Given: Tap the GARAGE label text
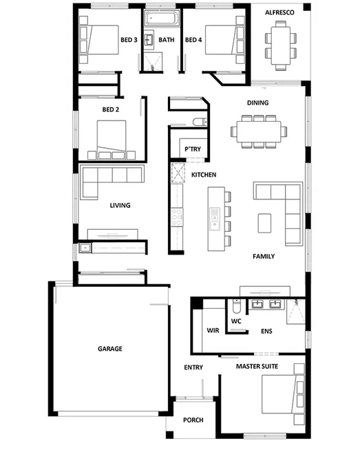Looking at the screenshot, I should [x=109, y=349].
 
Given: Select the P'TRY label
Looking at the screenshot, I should [x=191, y=150].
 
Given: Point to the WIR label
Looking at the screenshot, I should [x=213, y=330].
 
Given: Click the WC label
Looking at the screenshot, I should [x=235, y=321].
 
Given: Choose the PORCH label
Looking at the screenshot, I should [x=193, y=420].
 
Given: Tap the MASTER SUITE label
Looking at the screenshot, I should [x=257, y=367].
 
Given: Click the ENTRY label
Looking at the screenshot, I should [x=193, y=367].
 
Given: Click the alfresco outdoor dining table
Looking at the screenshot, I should [x=279, y=44].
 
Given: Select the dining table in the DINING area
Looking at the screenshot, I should [x=258, y=131].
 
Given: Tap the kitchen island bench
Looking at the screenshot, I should [x=213, y=218].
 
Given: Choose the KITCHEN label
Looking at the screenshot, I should [x=204, y=175].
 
